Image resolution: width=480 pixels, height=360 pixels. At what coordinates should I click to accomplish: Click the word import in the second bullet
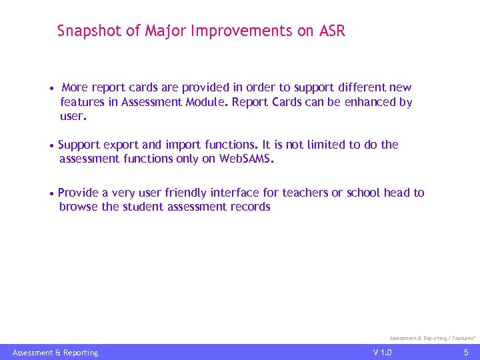coord(183,145)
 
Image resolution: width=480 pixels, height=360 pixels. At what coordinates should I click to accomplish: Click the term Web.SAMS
coord(247,159)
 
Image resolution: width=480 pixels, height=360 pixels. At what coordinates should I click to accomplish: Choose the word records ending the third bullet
coord(249,207)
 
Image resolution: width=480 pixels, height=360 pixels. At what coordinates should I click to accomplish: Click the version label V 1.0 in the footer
coord(383,352)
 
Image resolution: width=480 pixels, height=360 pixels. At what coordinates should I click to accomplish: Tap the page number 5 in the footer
coord(466,352)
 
